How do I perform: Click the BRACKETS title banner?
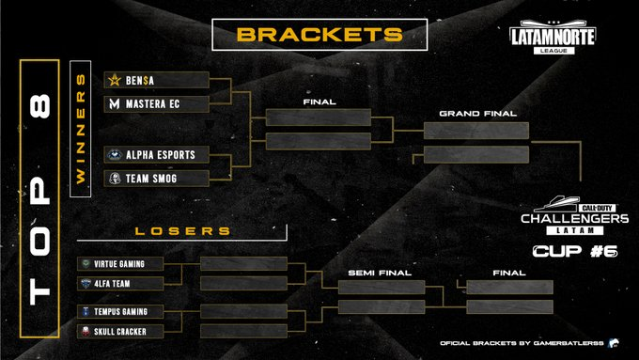pyautogui.click(x=319, y=35)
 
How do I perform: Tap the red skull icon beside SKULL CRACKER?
pyautogui.click(x=86, y=331)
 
